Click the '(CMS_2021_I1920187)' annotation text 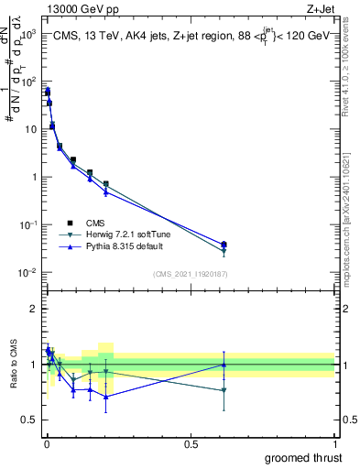(x=190, y=274)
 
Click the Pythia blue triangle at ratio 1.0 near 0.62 (x=224, y=365)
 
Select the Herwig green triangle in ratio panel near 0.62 (x=224, y=390)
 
